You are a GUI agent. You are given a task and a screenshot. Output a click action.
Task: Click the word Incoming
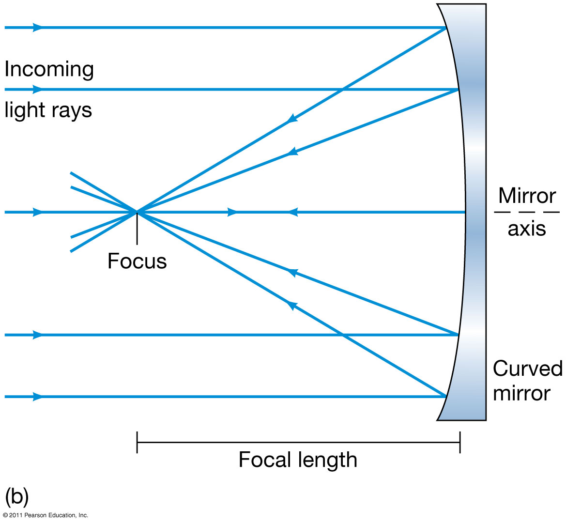pyautogui.click(x=49, y=70)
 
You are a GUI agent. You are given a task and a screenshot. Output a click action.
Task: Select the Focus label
pyautogui.click(x=137, y=261)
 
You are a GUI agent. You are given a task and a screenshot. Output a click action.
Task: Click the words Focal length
pyautogui.click(x=298, y=460)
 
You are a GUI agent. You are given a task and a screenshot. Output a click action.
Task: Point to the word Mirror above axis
pyautogui.click(x=527, y=196)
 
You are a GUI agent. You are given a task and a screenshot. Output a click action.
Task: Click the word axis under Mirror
pyautogui.click(x=527, y=229)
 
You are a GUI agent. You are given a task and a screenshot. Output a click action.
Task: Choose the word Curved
pyautogui.click(x=528, y=369)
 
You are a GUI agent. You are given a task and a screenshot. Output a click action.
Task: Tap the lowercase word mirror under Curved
pyautogui.click(x=521, y=393)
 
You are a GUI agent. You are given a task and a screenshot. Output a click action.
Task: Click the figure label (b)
pyautogui.click(x=17, y=497)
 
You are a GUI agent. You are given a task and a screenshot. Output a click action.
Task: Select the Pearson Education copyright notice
pyautogui.click(x=45, y=515)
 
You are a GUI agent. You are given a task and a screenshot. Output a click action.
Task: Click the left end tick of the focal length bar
pyautogui.click(x=137, y=442)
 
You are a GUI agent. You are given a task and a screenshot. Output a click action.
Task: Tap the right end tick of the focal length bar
pyautogui.click(x=460, y=442)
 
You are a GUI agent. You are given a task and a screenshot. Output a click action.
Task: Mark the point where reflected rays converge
pyautogui.click(x=137, y=212)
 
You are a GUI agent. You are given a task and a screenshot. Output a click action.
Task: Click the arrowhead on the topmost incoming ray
pyautogui.click(x=38, y=28)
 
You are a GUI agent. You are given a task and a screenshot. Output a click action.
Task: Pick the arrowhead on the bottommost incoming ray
pyautogui.click(x=38, y=397)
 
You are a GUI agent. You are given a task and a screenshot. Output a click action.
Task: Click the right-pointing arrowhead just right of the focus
pyautogui.click(x=233, y=212)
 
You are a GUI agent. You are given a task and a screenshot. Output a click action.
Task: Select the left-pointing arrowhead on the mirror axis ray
pyautogui.click(x=293, y=212)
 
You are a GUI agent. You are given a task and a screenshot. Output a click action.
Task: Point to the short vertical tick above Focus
pyautogui.click(x=137, y=228)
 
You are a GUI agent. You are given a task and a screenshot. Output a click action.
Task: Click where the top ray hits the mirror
pyautogui.click(x=445, y=28)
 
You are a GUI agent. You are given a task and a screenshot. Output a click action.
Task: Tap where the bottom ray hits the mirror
pyautogui.click(x=446, y=397)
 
